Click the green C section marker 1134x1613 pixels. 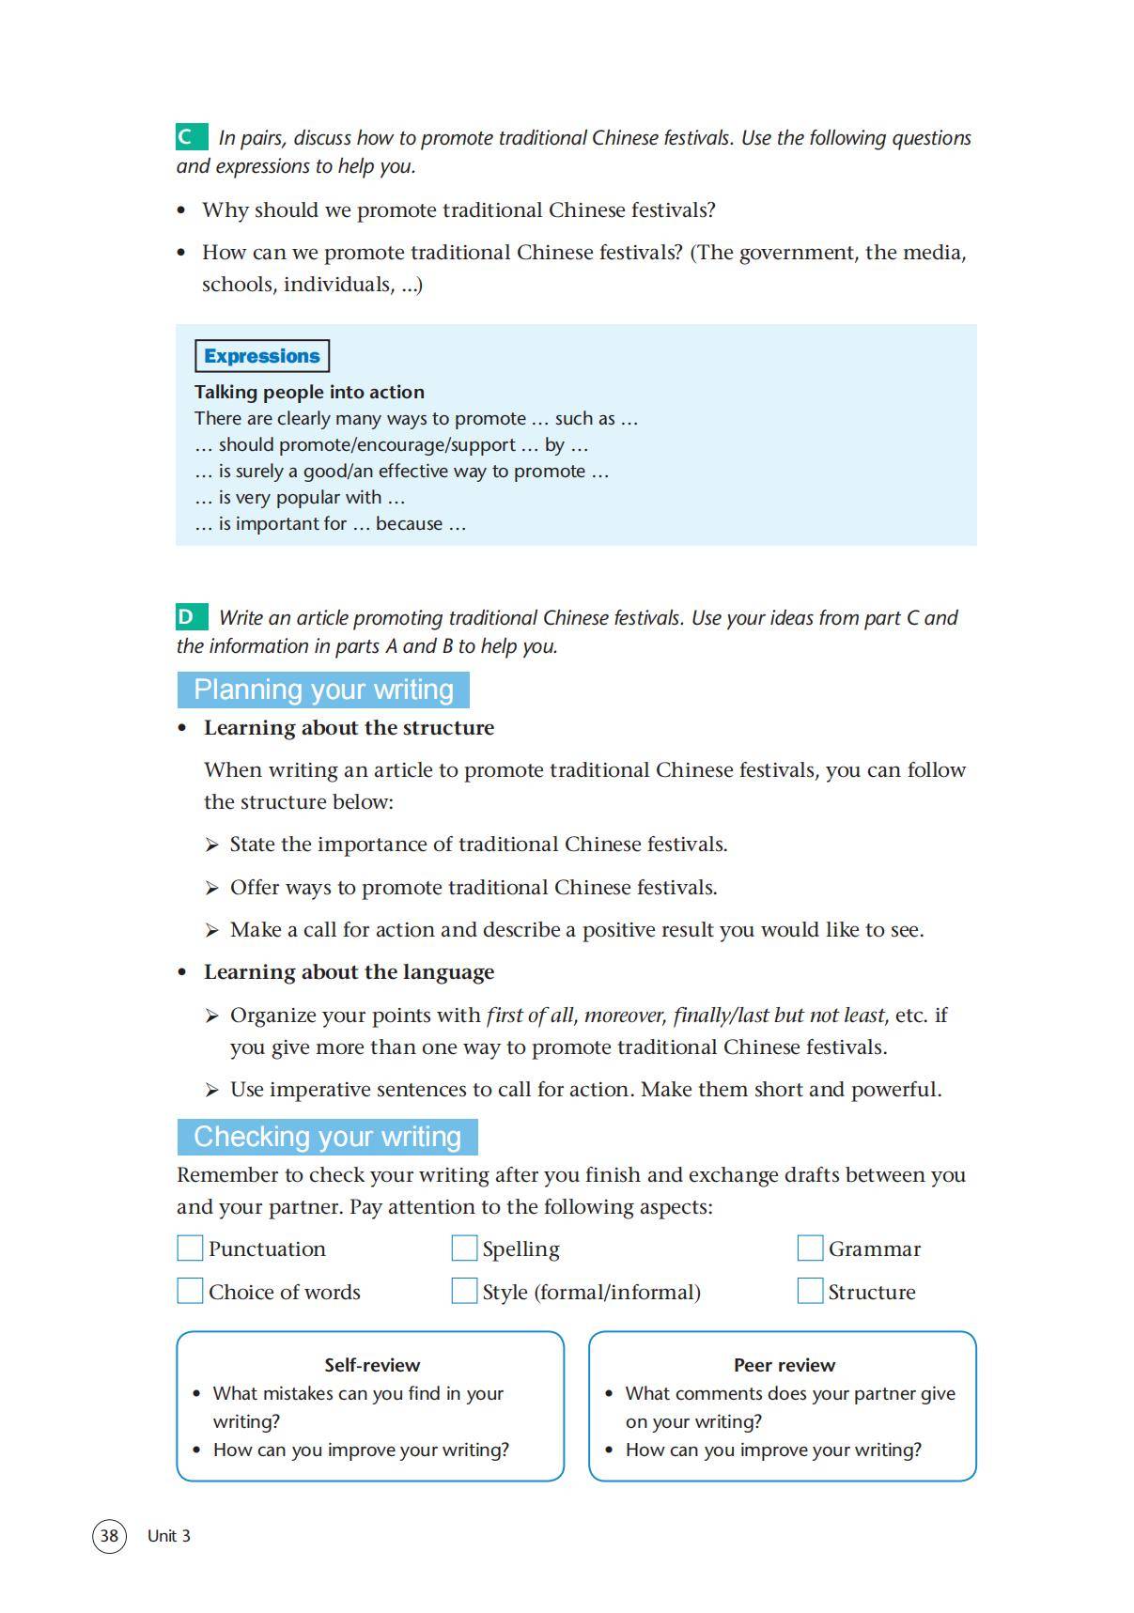191,137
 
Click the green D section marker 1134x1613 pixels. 191,617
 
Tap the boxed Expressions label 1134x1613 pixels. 262,356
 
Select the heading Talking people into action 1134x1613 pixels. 309,392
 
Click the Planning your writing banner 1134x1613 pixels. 323,690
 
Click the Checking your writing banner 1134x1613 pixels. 327,1137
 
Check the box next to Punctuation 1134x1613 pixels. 190,1248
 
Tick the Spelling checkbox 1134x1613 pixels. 464,1248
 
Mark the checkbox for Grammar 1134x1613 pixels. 810,1248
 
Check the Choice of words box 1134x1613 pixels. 190,1291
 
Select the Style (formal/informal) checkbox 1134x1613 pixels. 464,1291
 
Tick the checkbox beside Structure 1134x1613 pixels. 810,1291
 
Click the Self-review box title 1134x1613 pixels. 372,1365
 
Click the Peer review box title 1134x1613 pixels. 784,1365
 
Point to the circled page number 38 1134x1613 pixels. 109,1535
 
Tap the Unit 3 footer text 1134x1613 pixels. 169,1536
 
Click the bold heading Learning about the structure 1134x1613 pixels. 349,728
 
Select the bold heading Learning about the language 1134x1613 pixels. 349,972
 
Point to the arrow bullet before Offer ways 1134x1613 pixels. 212,888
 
